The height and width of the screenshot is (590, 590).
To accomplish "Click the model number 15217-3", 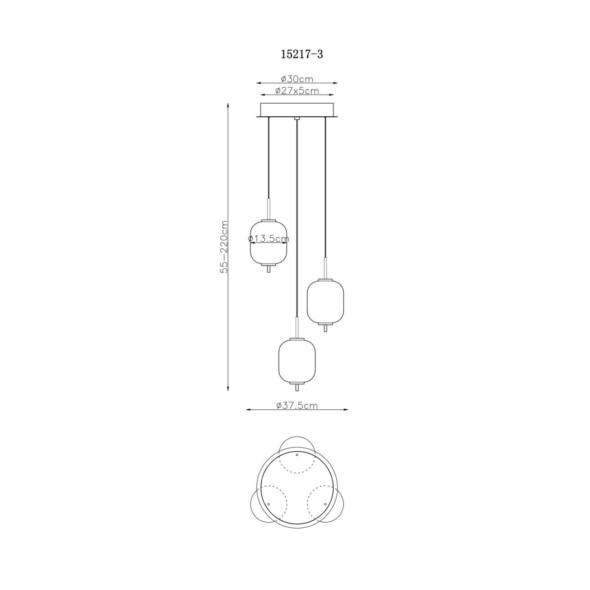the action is click(x=302, y=54).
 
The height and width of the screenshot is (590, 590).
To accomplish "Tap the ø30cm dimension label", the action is click(x=297, y=79).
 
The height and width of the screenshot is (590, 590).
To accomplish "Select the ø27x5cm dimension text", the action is click(x=297, y=91).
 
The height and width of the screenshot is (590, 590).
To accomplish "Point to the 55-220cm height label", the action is click(x=224, y=247).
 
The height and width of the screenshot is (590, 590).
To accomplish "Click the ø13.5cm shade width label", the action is click(x=269, y=238).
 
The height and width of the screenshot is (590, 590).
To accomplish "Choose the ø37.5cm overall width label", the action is click(x=297, y=406).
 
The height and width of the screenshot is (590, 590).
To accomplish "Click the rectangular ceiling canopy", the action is click(x=297, y=110).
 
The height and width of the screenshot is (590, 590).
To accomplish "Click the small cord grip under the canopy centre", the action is click(x=297, y=118).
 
